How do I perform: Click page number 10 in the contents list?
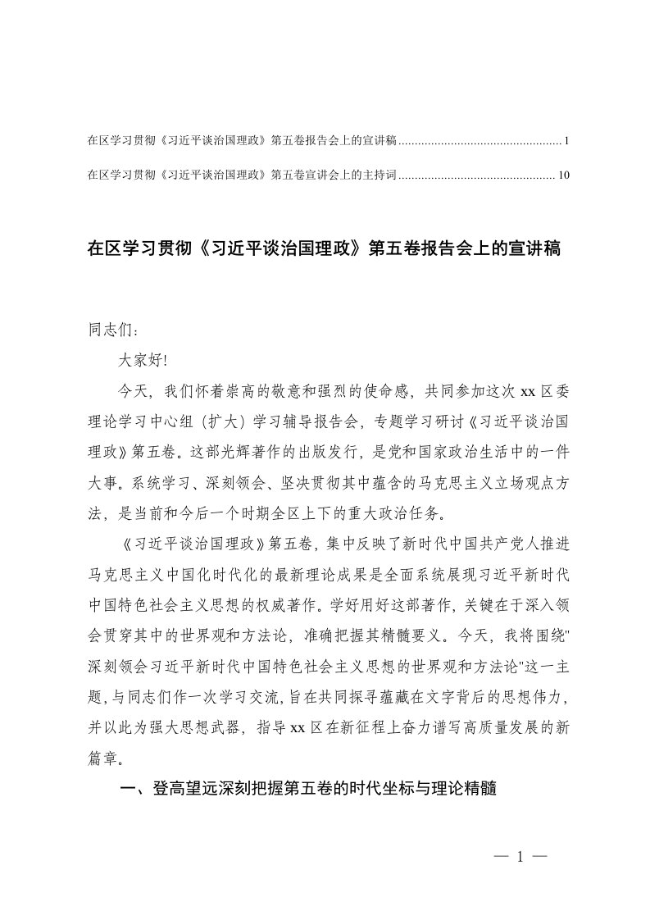click(563, 174)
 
